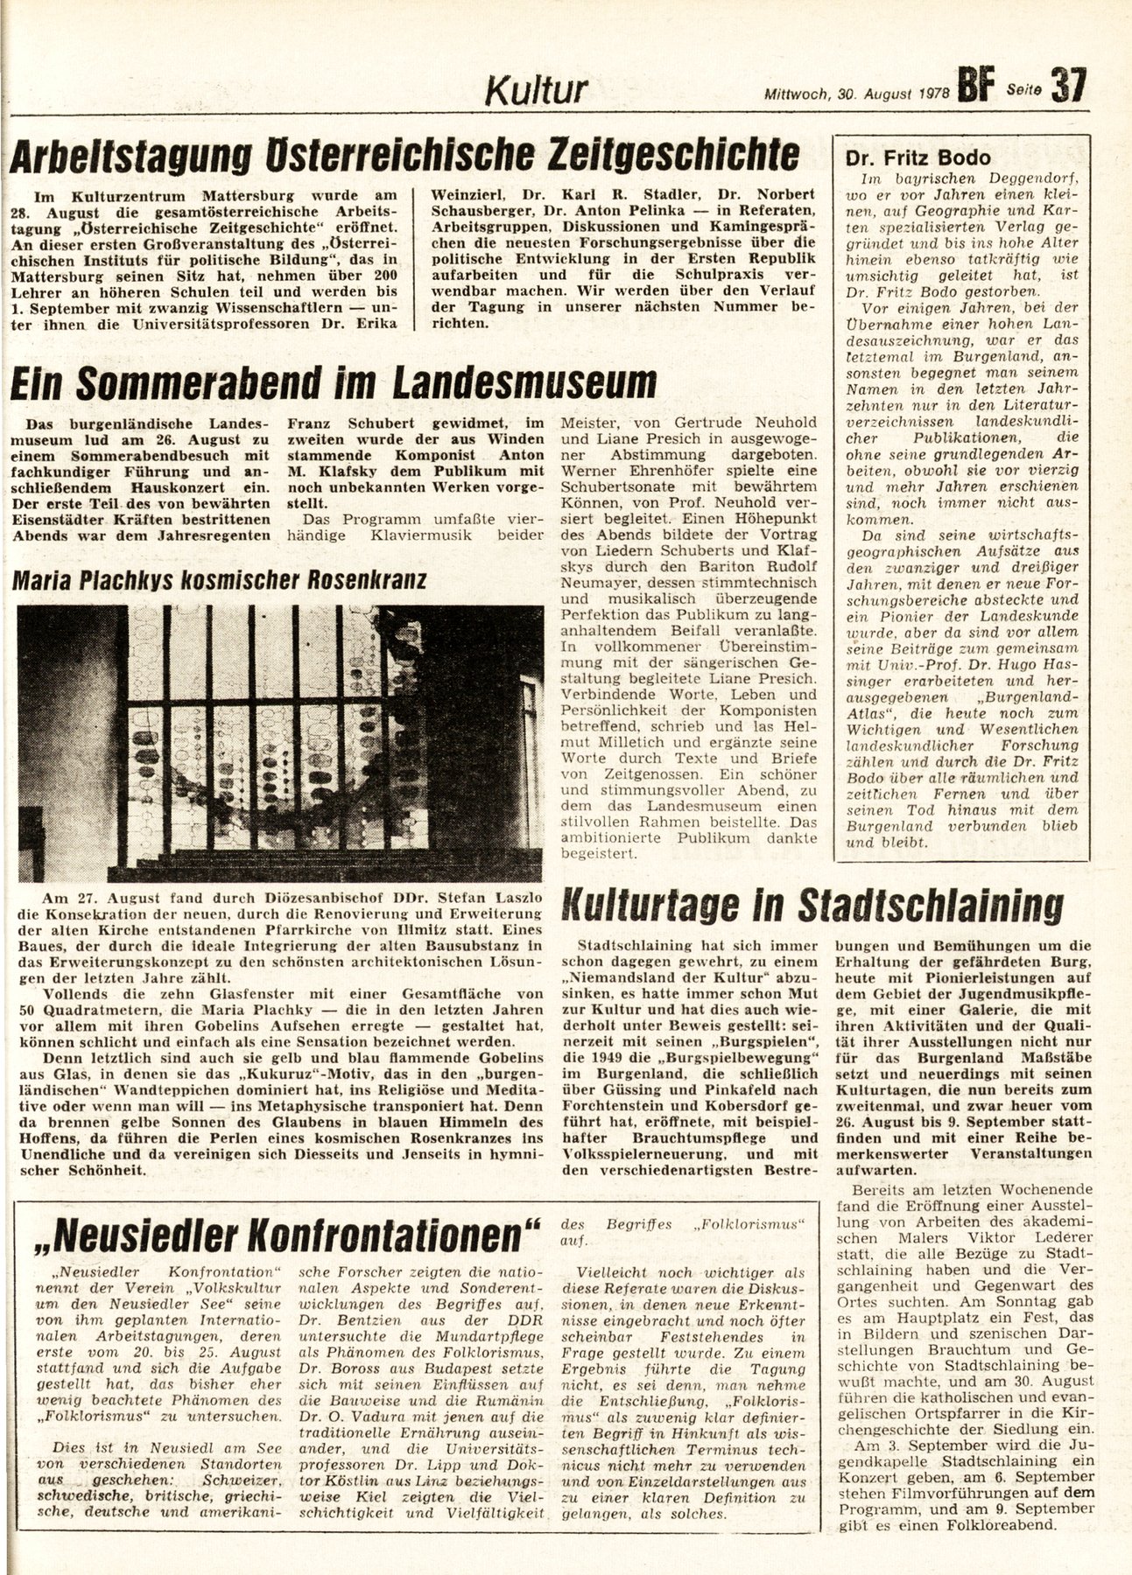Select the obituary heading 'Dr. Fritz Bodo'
(918, 158)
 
